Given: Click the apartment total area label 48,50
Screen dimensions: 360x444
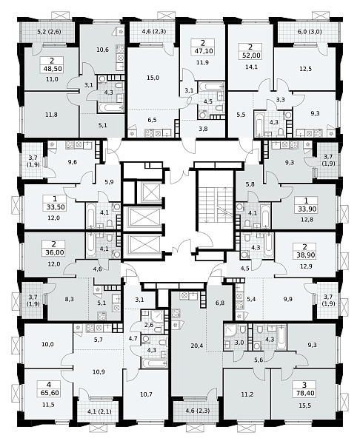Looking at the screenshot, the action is [51, 69].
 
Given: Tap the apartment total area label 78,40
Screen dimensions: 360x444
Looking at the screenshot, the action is [304, 394].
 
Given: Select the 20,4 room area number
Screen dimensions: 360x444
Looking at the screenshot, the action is [197, 346].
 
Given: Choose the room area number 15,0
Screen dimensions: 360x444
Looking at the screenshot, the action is [153, 78].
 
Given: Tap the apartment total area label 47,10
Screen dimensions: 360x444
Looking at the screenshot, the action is [203, 51].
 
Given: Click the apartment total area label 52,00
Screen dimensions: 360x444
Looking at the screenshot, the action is [251, 55].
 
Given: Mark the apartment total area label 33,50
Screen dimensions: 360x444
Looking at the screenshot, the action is [56, 207].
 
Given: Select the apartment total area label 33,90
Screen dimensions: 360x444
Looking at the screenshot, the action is [306, 209].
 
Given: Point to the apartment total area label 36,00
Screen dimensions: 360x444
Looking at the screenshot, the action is [55, 252].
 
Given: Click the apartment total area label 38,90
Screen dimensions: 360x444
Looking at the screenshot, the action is [305, 255].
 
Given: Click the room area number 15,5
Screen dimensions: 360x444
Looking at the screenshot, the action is [305, 406].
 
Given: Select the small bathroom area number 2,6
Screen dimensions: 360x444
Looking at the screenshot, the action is [149, 325].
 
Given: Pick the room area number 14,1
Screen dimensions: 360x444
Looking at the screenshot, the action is [251, 67].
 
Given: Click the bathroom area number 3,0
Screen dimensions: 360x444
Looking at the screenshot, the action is [239, 343].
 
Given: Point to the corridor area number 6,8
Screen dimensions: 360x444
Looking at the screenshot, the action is [220, 303].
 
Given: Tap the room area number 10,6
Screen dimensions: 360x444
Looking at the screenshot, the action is [103, 50].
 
